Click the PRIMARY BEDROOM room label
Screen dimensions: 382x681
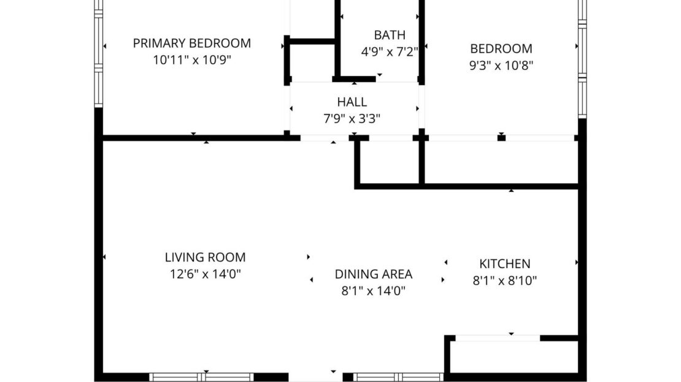point(191,43)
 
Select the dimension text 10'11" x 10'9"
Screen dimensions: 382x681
point(191,60)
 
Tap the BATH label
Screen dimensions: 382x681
point(390,35)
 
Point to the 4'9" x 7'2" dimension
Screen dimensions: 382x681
point(390,52)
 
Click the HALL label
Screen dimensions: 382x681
point(352,102)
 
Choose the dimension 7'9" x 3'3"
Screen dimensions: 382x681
point(352,118)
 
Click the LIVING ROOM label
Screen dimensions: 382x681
point(205,258)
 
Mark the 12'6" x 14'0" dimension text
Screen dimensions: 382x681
point(205,274)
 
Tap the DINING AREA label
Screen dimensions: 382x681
point(373,274)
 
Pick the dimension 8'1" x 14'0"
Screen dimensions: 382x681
point(373,291)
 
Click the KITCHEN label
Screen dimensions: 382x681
point(504,264)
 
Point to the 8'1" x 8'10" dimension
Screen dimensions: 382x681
point(504,281)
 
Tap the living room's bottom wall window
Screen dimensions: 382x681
point(202,377)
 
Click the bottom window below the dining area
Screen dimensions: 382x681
point(398,377)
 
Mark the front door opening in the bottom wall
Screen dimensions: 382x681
point(315,377)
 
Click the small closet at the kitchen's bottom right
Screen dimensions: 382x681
point(514,356)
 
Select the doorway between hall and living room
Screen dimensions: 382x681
point(325,139)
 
